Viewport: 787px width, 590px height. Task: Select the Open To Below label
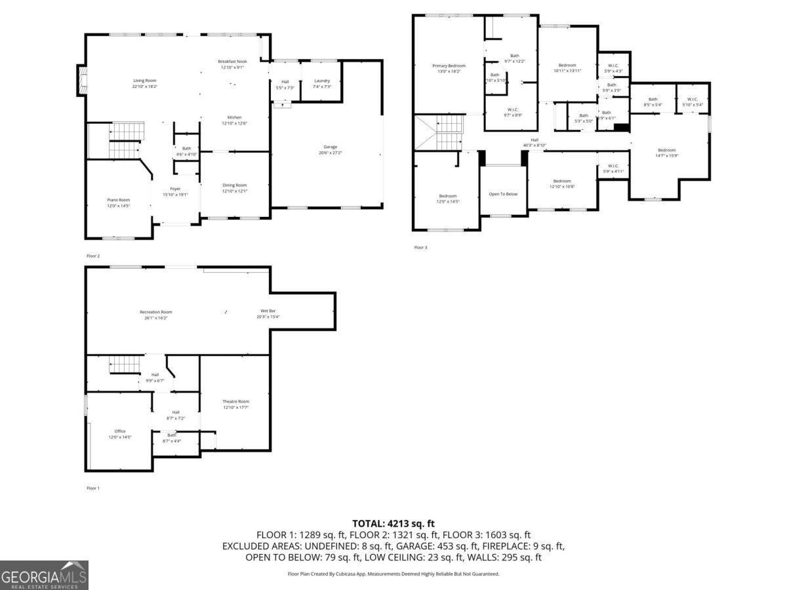[x=503, y=194]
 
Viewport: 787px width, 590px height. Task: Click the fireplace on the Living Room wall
[x=82, y=79]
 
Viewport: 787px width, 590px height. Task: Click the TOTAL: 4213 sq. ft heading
[x=393, y=523]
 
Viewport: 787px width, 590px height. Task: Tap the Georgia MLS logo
[x=44, y=576]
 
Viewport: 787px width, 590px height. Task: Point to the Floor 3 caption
[x=420, y=248]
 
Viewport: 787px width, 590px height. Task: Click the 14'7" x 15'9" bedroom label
[x=666, y=153]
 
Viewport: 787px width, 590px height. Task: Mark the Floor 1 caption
[x=93, y=488]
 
